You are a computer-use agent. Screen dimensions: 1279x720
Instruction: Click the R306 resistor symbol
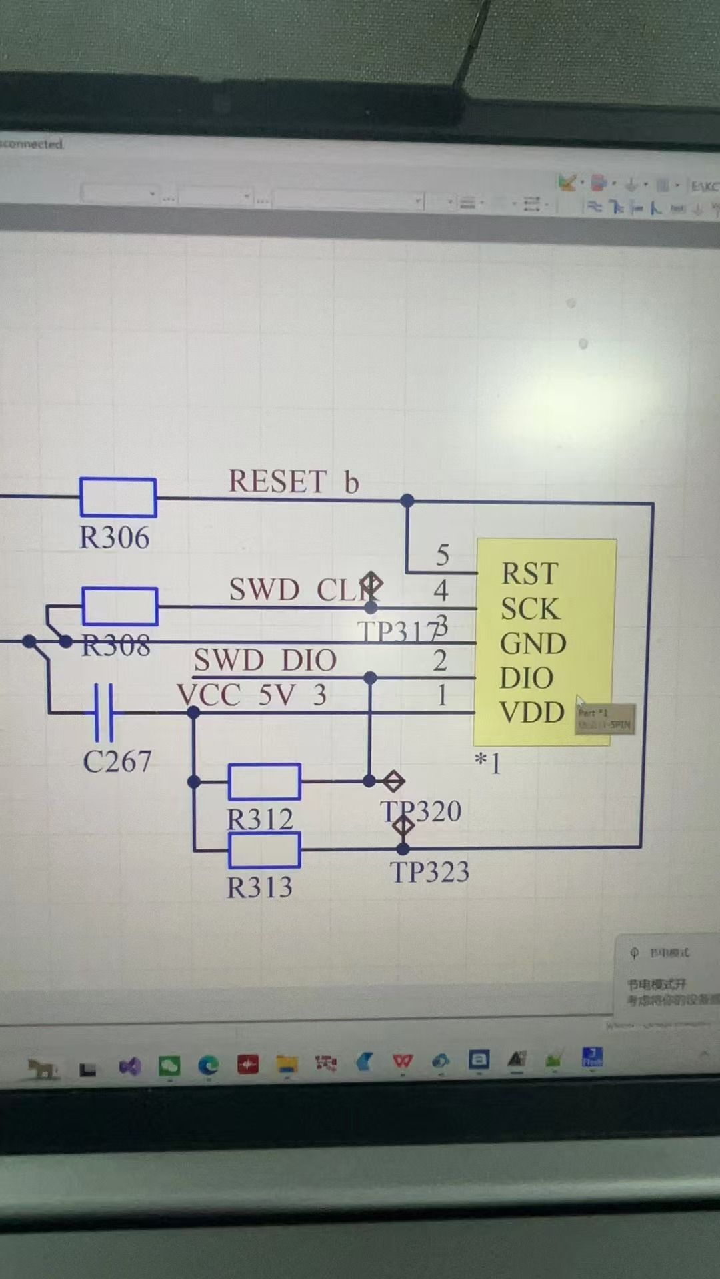118,497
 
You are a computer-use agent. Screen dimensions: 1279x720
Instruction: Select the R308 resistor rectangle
120,606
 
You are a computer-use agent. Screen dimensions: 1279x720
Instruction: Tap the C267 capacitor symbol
103,713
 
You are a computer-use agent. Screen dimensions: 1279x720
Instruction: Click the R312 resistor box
264,781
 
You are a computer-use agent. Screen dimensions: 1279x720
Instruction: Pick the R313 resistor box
264,850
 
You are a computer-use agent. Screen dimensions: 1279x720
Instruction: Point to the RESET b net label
293,482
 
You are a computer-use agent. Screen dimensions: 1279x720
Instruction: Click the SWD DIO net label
265,661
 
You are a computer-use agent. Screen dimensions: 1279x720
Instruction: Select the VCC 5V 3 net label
252,695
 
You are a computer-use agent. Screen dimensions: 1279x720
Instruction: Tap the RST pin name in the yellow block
529,574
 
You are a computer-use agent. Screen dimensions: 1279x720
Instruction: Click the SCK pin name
529,609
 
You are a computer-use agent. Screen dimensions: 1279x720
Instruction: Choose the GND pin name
533,643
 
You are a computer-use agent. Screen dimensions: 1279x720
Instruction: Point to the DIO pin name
526,678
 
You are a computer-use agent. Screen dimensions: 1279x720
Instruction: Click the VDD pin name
532,713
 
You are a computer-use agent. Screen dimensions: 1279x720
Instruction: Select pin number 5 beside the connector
443,555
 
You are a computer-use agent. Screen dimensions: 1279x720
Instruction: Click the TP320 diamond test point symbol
393,781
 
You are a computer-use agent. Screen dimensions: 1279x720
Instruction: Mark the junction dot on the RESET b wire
407,500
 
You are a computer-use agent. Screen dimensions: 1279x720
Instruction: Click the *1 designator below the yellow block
487,762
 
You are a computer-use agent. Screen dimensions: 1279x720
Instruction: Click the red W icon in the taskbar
402,1061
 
